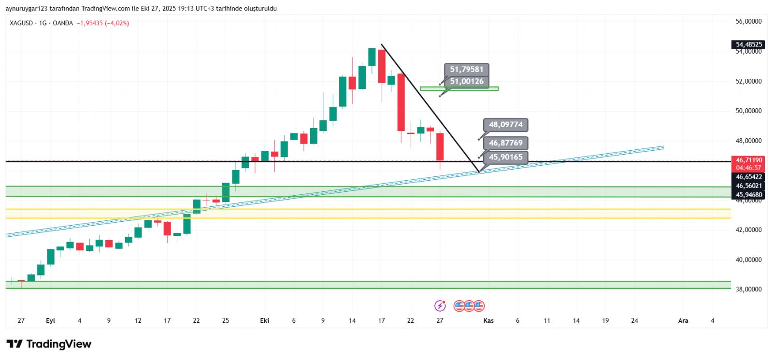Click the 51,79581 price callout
pos(466,70)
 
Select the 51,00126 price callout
pos(466,82)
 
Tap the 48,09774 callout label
pos(505,125)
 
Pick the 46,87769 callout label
pos(505,143)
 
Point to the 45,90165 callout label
pos(505,157)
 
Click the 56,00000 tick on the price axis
pos(748,21)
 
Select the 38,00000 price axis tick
pos(748,289)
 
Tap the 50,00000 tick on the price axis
pos(748,111)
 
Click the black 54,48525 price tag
pos(748,44)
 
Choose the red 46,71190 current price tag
pos(748,160)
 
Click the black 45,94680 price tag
pos(748,195)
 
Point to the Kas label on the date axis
pos(488,320)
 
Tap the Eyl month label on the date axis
pos(50,320)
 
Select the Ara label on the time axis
pos(683,320)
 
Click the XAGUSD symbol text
pos(21,23)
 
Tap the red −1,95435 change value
pos(90,23)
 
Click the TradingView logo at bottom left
pos(49,344)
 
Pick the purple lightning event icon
pos(440,305)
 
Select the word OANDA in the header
pos(63,23)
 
